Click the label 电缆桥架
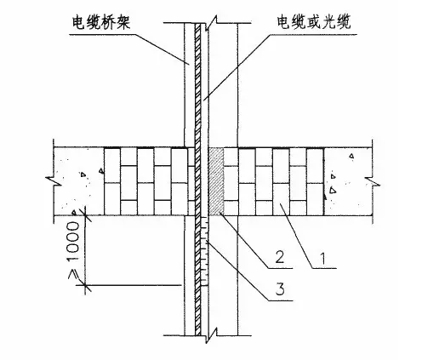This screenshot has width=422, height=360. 101,23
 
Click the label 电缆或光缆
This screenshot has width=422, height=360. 314,22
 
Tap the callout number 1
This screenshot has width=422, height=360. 324,259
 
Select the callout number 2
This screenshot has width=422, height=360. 280,257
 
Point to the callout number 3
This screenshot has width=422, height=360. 280,289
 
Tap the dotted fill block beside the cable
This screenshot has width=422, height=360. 216,181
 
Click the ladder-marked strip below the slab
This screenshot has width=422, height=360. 204,251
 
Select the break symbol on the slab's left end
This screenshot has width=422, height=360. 54,181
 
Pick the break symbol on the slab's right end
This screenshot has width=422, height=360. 372,181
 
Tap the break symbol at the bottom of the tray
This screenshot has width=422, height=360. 211,335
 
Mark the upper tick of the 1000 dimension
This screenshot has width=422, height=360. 85,215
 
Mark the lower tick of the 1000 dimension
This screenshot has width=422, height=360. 85,285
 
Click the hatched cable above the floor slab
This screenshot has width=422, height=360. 197,85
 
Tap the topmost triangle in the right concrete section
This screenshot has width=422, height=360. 351,156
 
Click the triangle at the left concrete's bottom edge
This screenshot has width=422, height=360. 74,212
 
